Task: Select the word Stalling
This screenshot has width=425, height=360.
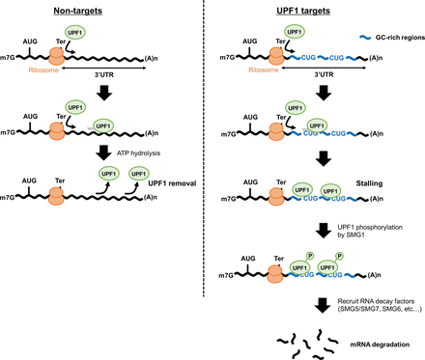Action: [x=375, y=181]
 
